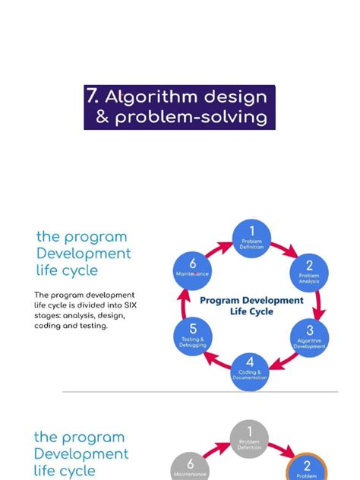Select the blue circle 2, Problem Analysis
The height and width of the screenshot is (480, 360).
pos(308,271)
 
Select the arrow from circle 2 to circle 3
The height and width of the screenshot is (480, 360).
pos(320,304)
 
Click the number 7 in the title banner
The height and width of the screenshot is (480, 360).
pos(93,96)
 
